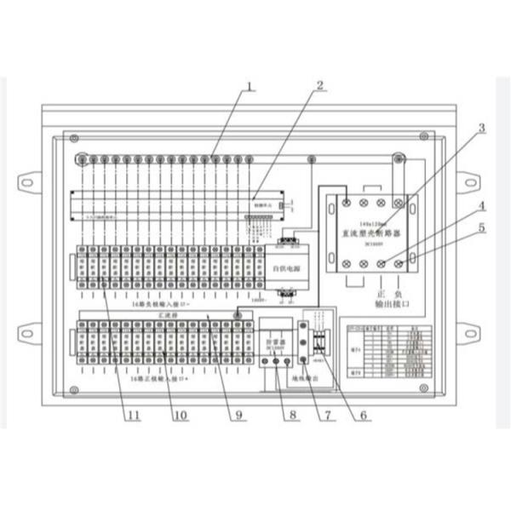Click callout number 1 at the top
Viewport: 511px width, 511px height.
coord(250,86)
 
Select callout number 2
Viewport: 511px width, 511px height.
coord(319,86)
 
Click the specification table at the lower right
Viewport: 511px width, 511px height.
coord(389,352)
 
